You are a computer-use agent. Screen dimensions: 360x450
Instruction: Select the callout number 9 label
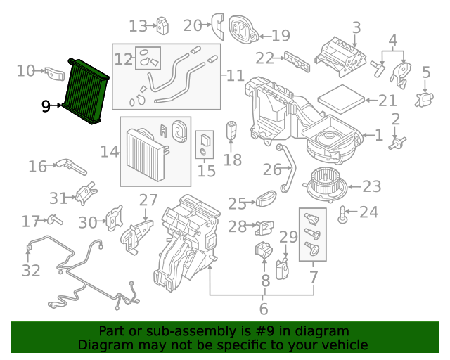click(x=46, y=106)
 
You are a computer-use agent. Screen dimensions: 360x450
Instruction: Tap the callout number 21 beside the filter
click(x=387, y=101)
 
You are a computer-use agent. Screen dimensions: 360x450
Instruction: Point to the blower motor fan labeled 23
click(x=326, y=186)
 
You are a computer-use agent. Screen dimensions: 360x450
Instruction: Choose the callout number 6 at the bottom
click(x=264, y=309)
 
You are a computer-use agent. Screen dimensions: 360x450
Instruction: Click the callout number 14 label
click(x=109, y=151)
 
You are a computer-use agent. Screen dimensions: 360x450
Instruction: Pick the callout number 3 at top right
click(x=356, y=27)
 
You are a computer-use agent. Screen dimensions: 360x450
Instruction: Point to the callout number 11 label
click(x=234, y=75)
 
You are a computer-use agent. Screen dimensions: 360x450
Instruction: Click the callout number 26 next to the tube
click(x=272, y=169)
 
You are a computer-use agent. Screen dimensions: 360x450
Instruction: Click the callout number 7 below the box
click(x=313, y=276)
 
